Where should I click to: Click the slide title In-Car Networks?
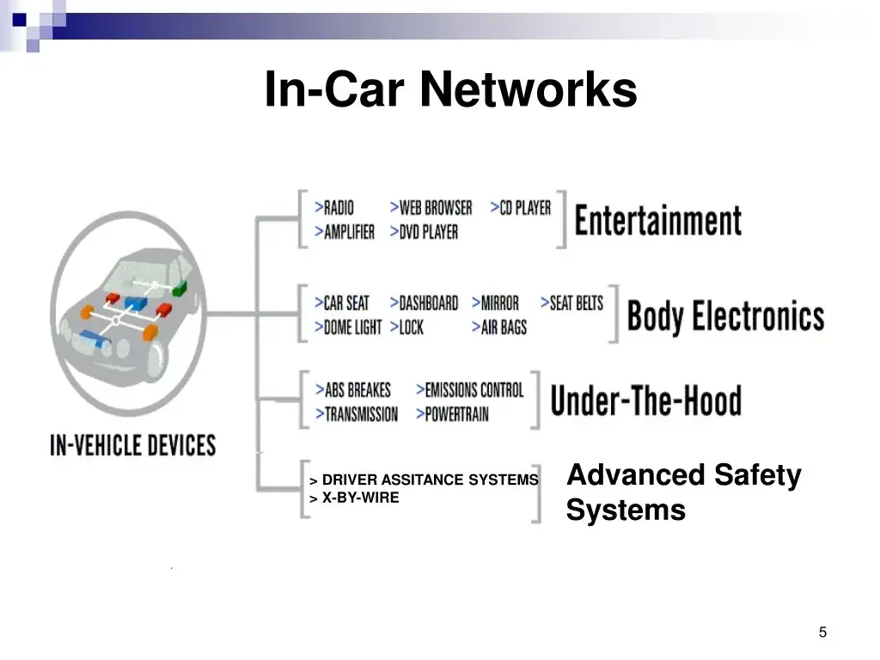[x=450, y=89]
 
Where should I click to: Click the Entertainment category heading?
[x=657, y=221]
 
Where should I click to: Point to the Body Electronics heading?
[x=725, y=316]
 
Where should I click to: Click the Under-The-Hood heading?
[x=646, y=400]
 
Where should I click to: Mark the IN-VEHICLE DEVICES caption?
[x=133, y=445]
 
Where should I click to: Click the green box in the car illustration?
[x=180, y=289]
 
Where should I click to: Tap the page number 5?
[x=822, y=632]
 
